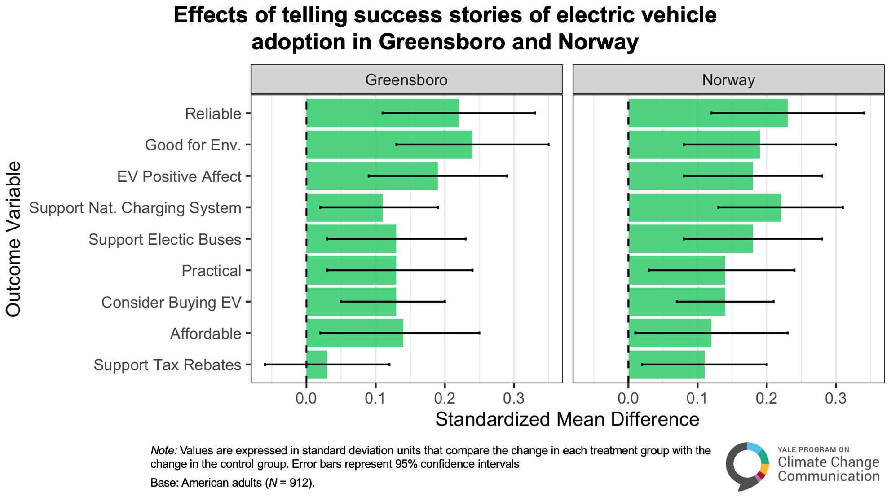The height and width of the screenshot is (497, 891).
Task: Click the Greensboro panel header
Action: (406, 80)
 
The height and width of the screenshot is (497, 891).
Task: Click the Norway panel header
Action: (728, 80)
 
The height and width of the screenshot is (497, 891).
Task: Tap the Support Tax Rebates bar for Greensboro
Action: (317, 365)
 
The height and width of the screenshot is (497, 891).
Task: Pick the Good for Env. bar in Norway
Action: (694, 145)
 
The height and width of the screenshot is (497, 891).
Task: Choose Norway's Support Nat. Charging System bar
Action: (704, 207)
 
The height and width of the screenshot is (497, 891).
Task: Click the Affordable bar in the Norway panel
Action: (670, 333)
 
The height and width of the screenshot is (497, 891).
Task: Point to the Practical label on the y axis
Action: (212, 271)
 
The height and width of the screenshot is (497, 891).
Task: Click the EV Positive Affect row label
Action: (179, 176)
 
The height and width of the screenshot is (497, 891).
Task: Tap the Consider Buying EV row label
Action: (171, 302)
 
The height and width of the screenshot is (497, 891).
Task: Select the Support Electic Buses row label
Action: (165, 239)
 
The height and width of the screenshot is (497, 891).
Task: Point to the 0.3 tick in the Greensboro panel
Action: (514, 398)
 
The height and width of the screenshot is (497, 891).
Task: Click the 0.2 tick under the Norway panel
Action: (767, 398)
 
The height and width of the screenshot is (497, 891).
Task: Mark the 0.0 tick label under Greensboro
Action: (306, 398)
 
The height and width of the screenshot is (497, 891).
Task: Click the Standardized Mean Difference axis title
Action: (567, 419)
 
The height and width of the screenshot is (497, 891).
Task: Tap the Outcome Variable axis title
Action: (13, 239)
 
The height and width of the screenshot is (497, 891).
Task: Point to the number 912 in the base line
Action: (299, 483)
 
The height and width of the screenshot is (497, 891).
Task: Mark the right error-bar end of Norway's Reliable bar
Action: (864, 113)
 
